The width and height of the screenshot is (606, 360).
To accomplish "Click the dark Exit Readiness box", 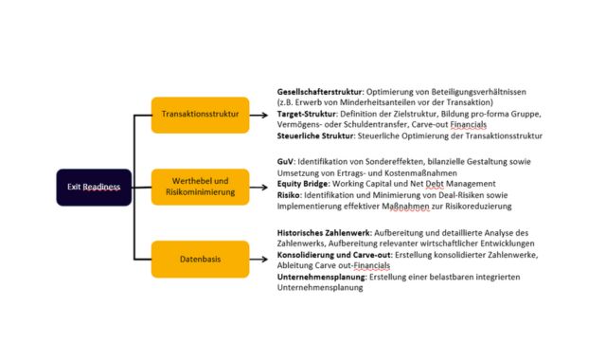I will [x=93, y=187].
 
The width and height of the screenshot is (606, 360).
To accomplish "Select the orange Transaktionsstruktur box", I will [x=200, y=115].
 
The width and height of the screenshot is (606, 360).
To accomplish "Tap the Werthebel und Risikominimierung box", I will [x=200, y=187].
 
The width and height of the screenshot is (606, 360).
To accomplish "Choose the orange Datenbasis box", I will [x=200, y=259].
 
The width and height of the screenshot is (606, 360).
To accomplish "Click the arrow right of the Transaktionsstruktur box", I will [x=259, y=115].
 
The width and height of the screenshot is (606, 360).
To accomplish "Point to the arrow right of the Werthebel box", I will [x=259, y=187].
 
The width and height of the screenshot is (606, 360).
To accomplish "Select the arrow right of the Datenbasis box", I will [x=259, y=259].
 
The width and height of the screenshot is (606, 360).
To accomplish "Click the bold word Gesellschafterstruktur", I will [x=311, y=91].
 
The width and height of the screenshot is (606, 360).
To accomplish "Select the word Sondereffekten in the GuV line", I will [x=400, y=163].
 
